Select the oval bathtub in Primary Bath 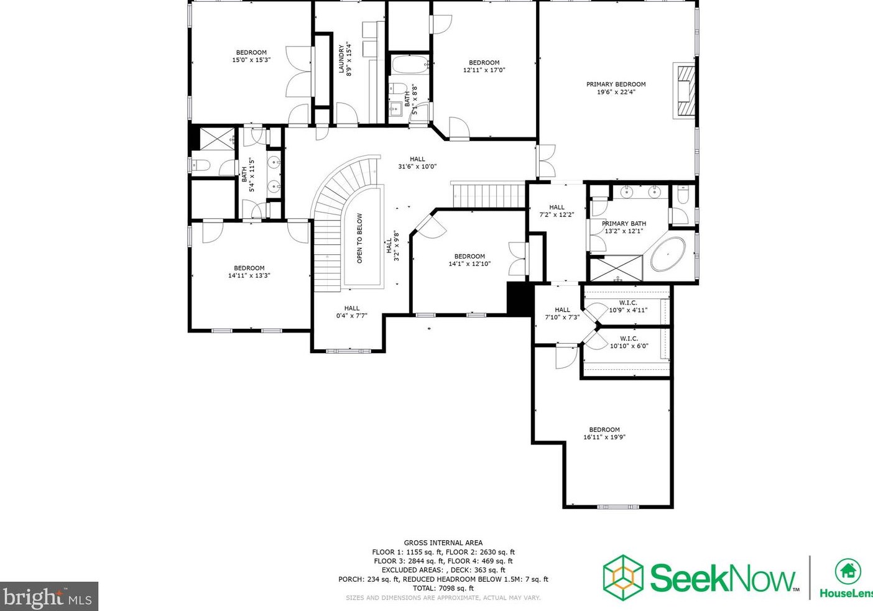(668, 254)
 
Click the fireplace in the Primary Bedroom (686, 90)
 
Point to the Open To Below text (359, 238)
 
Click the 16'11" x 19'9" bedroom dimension (604, 437)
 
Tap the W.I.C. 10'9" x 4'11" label (628, 306)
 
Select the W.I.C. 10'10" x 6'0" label (629, 342)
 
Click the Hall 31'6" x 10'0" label (417, 162)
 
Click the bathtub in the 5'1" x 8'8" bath (410, 65)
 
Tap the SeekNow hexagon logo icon (623, 577)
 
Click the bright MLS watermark (48, 596)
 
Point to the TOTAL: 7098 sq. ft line (443, 588)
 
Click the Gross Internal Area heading (443, 543)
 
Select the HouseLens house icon (848, 572)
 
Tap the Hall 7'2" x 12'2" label (557, 211)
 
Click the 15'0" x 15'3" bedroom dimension (251, 60)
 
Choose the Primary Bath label (624, 223)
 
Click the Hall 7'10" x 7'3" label (562, 313)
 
